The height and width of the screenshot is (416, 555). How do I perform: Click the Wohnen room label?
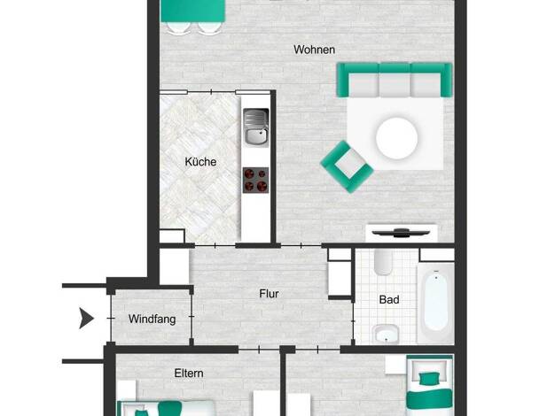tap(315, 50)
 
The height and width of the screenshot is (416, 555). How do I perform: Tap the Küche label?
tap(200, 162)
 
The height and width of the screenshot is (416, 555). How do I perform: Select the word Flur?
tap(269, 294)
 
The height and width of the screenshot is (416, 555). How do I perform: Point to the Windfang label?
tap(152, 320)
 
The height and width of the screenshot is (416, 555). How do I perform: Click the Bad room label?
tap(389, 300)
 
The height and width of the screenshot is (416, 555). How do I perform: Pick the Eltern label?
tap(189, 374)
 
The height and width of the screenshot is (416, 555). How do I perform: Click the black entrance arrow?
tap(86, 318)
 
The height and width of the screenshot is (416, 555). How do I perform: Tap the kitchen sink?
tap(255, 127)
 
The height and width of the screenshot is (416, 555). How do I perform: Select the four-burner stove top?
tap(255, 181)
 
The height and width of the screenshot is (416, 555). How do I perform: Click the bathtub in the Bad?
tap(435, 303)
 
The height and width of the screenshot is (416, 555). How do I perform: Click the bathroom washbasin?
tap(386, 334)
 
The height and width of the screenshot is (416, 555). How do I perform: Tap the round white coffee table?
tap(397, 138)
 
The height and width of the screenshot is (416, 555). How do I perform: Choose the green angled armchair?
tap(347, 166)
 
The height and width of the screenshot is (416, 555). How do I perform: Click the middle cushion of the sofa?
tap(395, 84)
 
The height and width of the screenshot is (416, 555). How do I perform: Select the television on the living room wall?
tap(401, 233)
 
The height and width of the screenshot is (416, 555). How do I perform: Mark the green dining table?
tap(193, 10)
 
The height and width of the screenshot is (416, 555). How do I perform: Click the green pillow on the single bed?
tap(429, 379)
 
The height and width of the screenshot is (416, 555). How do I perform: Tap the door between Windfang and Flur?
tap(192, 317)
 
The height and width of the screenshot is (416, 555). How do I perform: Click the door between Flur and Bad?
tap(353, 321)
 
